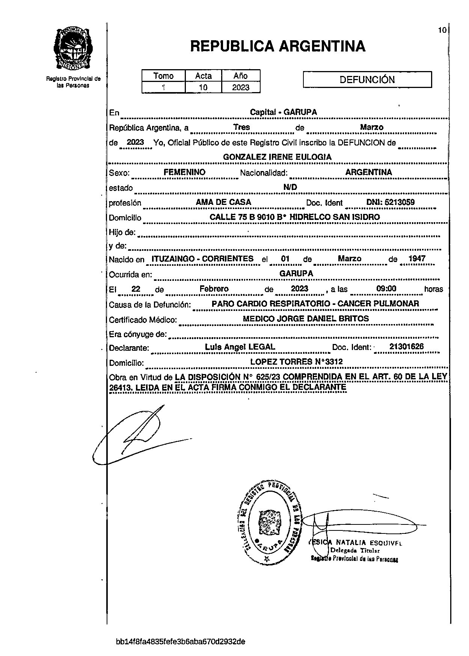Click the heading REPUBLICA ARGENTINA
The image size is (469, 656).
click(277, 46)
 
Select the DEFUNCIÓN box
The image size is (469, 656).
click(367, 80)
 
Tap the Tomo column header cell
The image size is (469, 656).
click(163, 76)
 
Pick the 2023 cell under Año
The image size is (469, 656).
click(241, 88)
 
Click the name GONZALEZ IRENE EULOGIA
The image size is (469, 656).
click(277, 157)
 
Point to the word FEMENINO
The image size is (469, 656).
click(184, 172)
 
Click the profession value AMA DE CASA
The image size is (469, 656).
click(223, 202)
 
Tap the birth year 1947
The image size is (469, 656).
click(417, 259)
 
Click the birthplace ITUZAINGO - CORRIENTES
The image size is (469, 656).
click(202, 259)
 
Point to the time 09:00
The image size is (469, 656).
click(386, 289)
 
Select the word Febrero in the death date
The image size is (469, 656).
click(214, 289)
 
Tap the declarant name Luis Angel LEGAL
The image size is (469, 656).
click(240, 347)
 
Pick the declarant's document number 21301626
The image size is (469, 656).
click(406, 347)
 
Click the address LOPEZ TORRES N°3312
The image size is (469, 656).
click(296, 362)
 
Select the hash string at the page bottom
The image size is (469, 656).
click(181, 641)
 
